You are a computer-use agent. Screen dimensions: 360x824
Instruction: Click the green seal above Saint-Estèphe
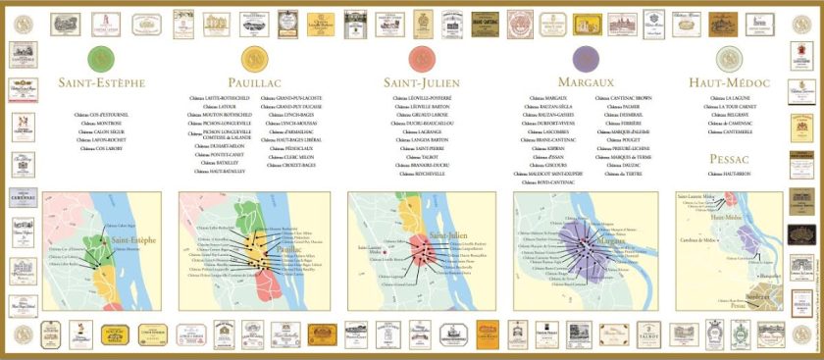click(99, 58)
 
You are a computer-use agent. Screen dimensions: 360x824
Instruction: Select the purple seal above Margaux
click(586, 58)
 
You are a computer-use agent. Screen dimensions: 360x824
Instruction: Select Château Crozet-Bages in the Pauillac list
click(286, 164)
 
